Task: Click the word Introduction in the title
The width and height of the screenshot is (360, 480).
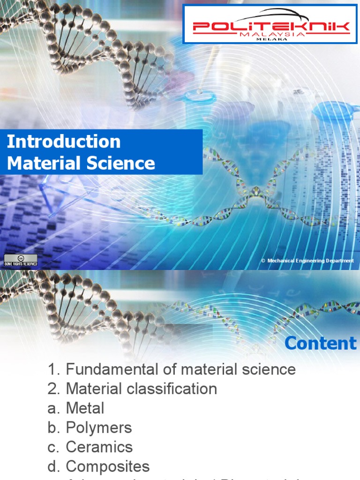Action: click(64, 142)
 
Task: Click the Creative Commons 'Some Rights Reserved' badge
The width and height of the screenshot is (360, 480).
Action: click(20, 261)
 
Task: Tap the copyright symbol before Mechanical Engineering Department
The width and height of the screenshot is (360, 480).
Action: click(263, 261)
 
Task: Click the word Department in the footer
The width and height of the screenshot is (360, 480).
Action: click(336, 261)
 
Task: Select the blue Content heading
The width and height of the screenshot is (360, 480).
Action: click(321, 343)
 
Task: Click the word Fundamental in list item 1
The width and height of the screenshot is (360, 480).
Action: click(105, 369)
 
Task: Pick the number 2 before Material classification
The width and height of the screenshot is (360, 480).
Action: click(52, 389)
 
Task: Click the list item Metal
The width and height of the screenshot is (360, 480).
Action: click(85, 408)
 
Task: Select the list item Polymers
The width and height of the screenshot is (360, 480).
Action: click(99, 427)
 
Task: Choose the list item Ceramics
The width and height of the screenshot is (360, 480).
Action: click(99, 447)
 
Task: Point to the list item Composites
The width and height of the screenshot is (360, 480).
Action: click(108, 466)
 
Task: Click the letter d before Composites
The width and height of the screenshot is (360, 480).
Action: click(52, 466)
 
